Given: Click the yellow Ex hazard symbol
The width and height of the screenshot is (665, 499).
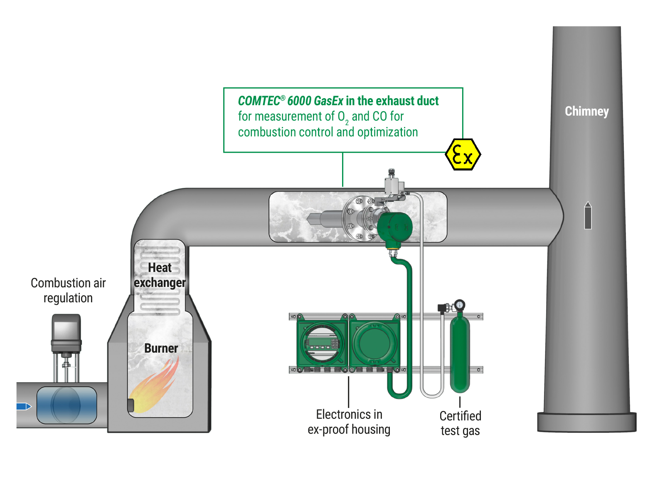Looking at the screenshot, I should (463, 155).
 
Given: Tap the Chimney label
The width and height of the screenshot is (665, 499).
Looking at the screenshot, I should (586, 111).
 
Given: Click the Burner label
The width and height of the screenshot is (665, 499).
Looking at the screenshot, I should (161, 348).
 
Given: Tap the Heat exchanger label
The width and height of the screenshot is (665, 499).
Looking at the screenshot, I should (160, 275).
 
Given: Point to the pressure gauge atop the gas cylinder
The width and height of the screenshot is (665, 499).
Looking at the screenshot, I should (459, 305).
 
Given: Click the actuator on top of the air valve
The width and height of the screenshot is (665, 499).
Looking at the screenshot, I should (66, 332).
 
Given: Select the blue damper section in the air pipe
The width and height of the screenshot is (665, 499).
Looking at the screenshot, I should (66, 405).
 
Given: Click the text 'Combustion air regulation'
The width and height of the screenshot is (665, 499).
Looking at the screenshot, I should (68, 290).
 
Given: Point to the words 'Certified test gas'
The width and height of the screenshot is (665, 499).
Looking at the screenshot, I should (460, 423).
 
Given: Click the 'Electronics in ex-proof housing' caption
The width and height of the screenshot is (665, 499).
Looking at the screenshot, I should (349, 422).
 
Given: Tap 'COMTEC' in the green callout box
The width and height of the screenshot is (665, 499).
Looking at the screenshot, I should (259, 101).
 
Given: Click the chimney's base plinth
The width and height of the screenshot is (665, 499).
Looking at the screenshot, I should (586, 422).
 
